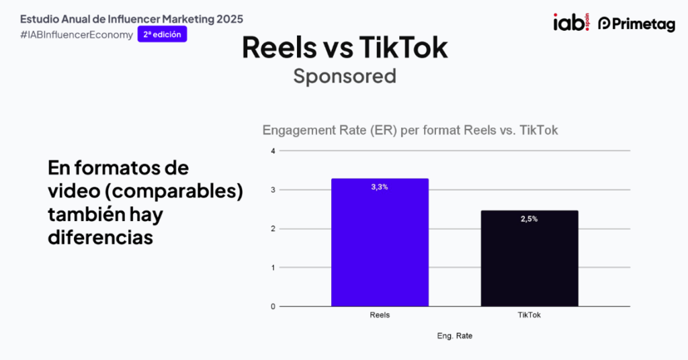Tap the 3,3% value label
click(380, 187)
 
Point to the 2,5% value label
click(529, 219)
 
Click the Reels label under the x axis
click(380, 315)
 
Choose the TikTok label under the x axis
click(529, 315)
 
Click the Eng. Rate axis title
click(455, 335)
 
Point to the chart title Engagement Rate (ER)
click(410, 130)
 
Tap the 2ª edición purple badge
click(162, 34)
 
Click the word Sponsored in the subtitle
click(345, 77)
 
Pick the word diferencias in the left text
click(101, 238)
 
